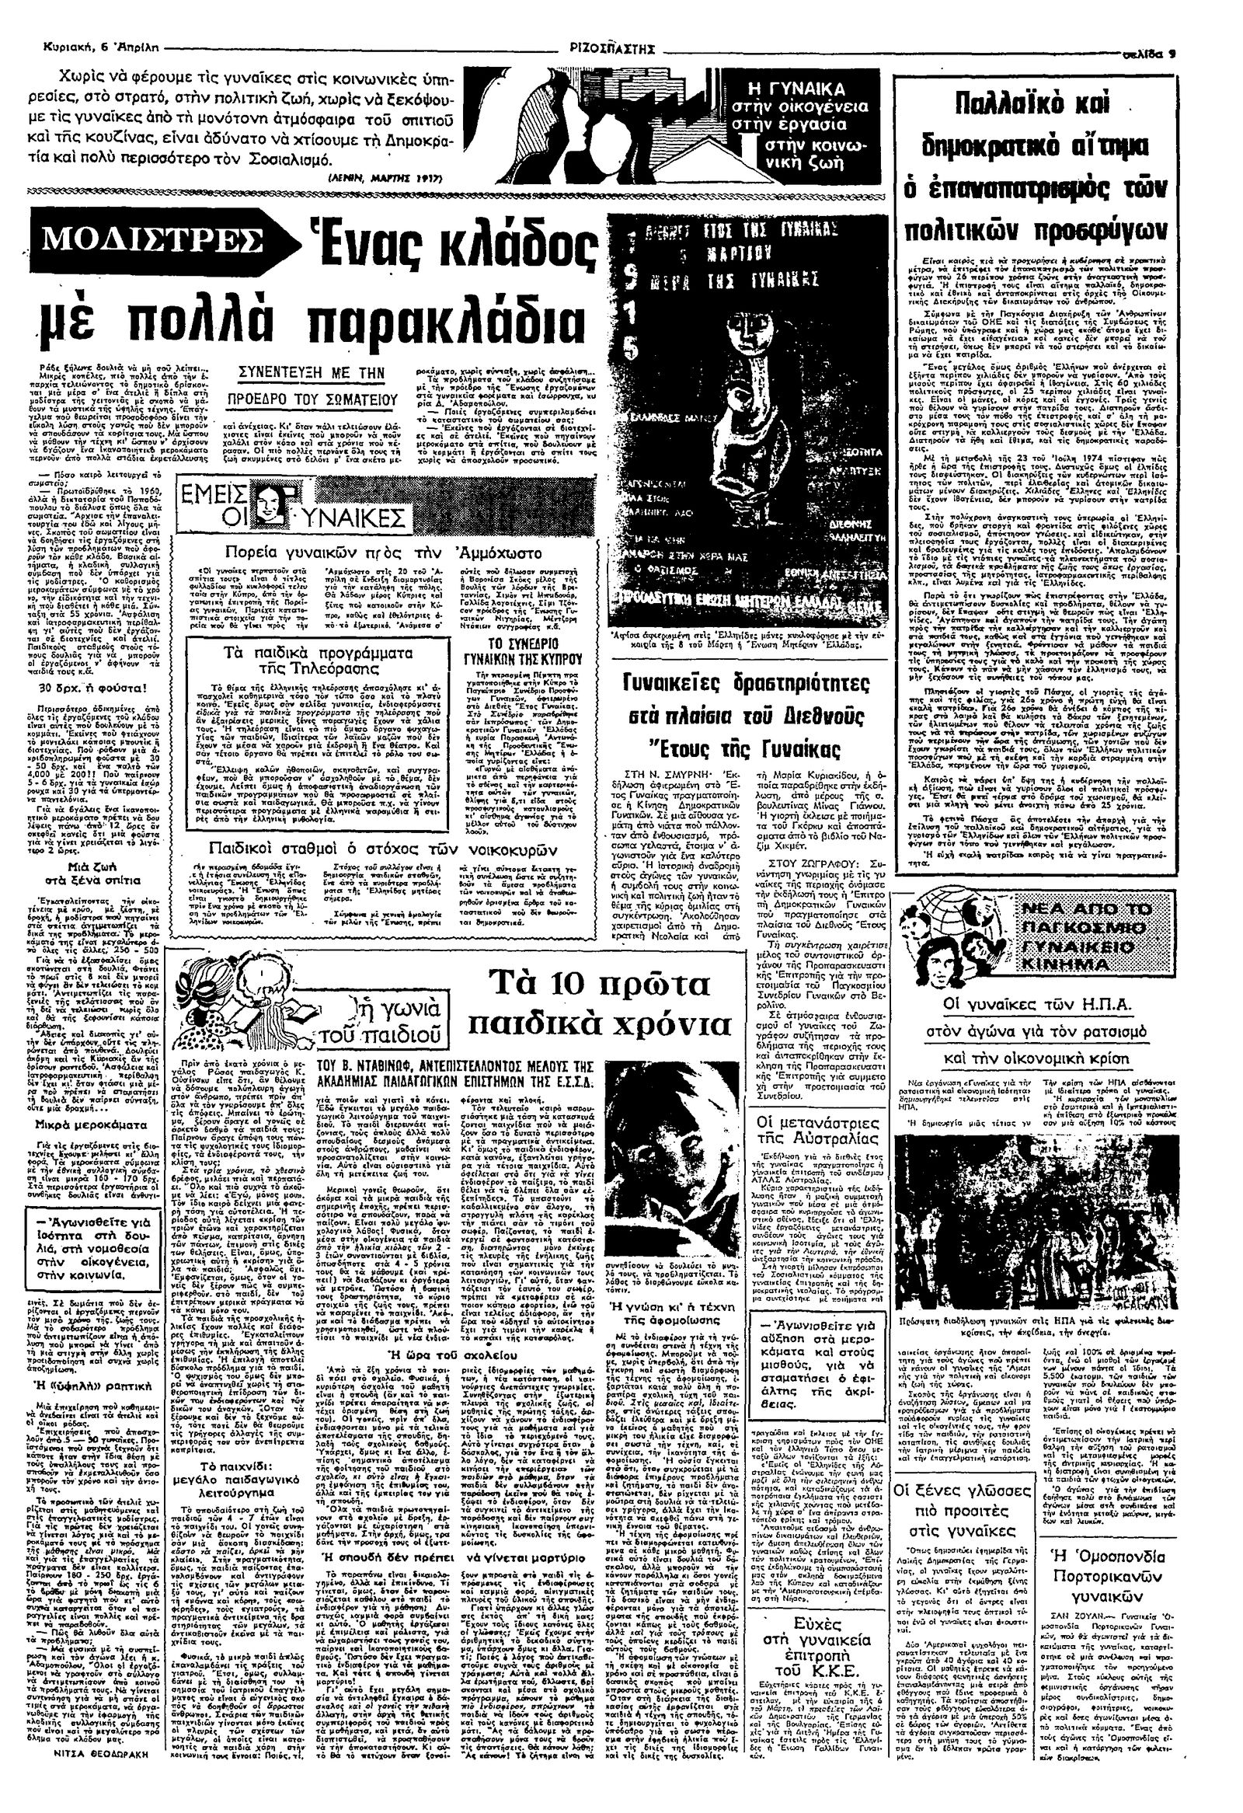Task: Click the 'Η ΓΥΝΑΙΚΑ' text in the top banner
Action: (803, 89)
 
